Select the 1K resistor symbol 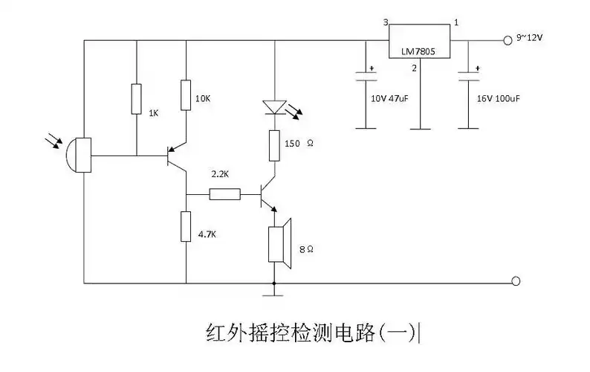(x=137, y=98)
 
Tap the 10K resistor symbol (x=186, y=94)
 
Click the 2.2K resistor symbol (x=224, y=194)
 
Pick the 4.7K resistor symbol (x=186, y=226)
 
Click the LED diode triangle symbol (x=274, y=108)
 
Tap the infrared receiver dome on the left (x=77, y=156)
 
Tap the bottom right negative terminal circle (x=516, y=281)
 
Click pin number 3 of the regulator (x=386, y=22)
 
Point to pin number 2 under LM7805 (x=415, y=69)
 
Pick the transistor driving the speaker (x=268, y=194)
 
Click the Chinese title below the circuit (x=312, y=331)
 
